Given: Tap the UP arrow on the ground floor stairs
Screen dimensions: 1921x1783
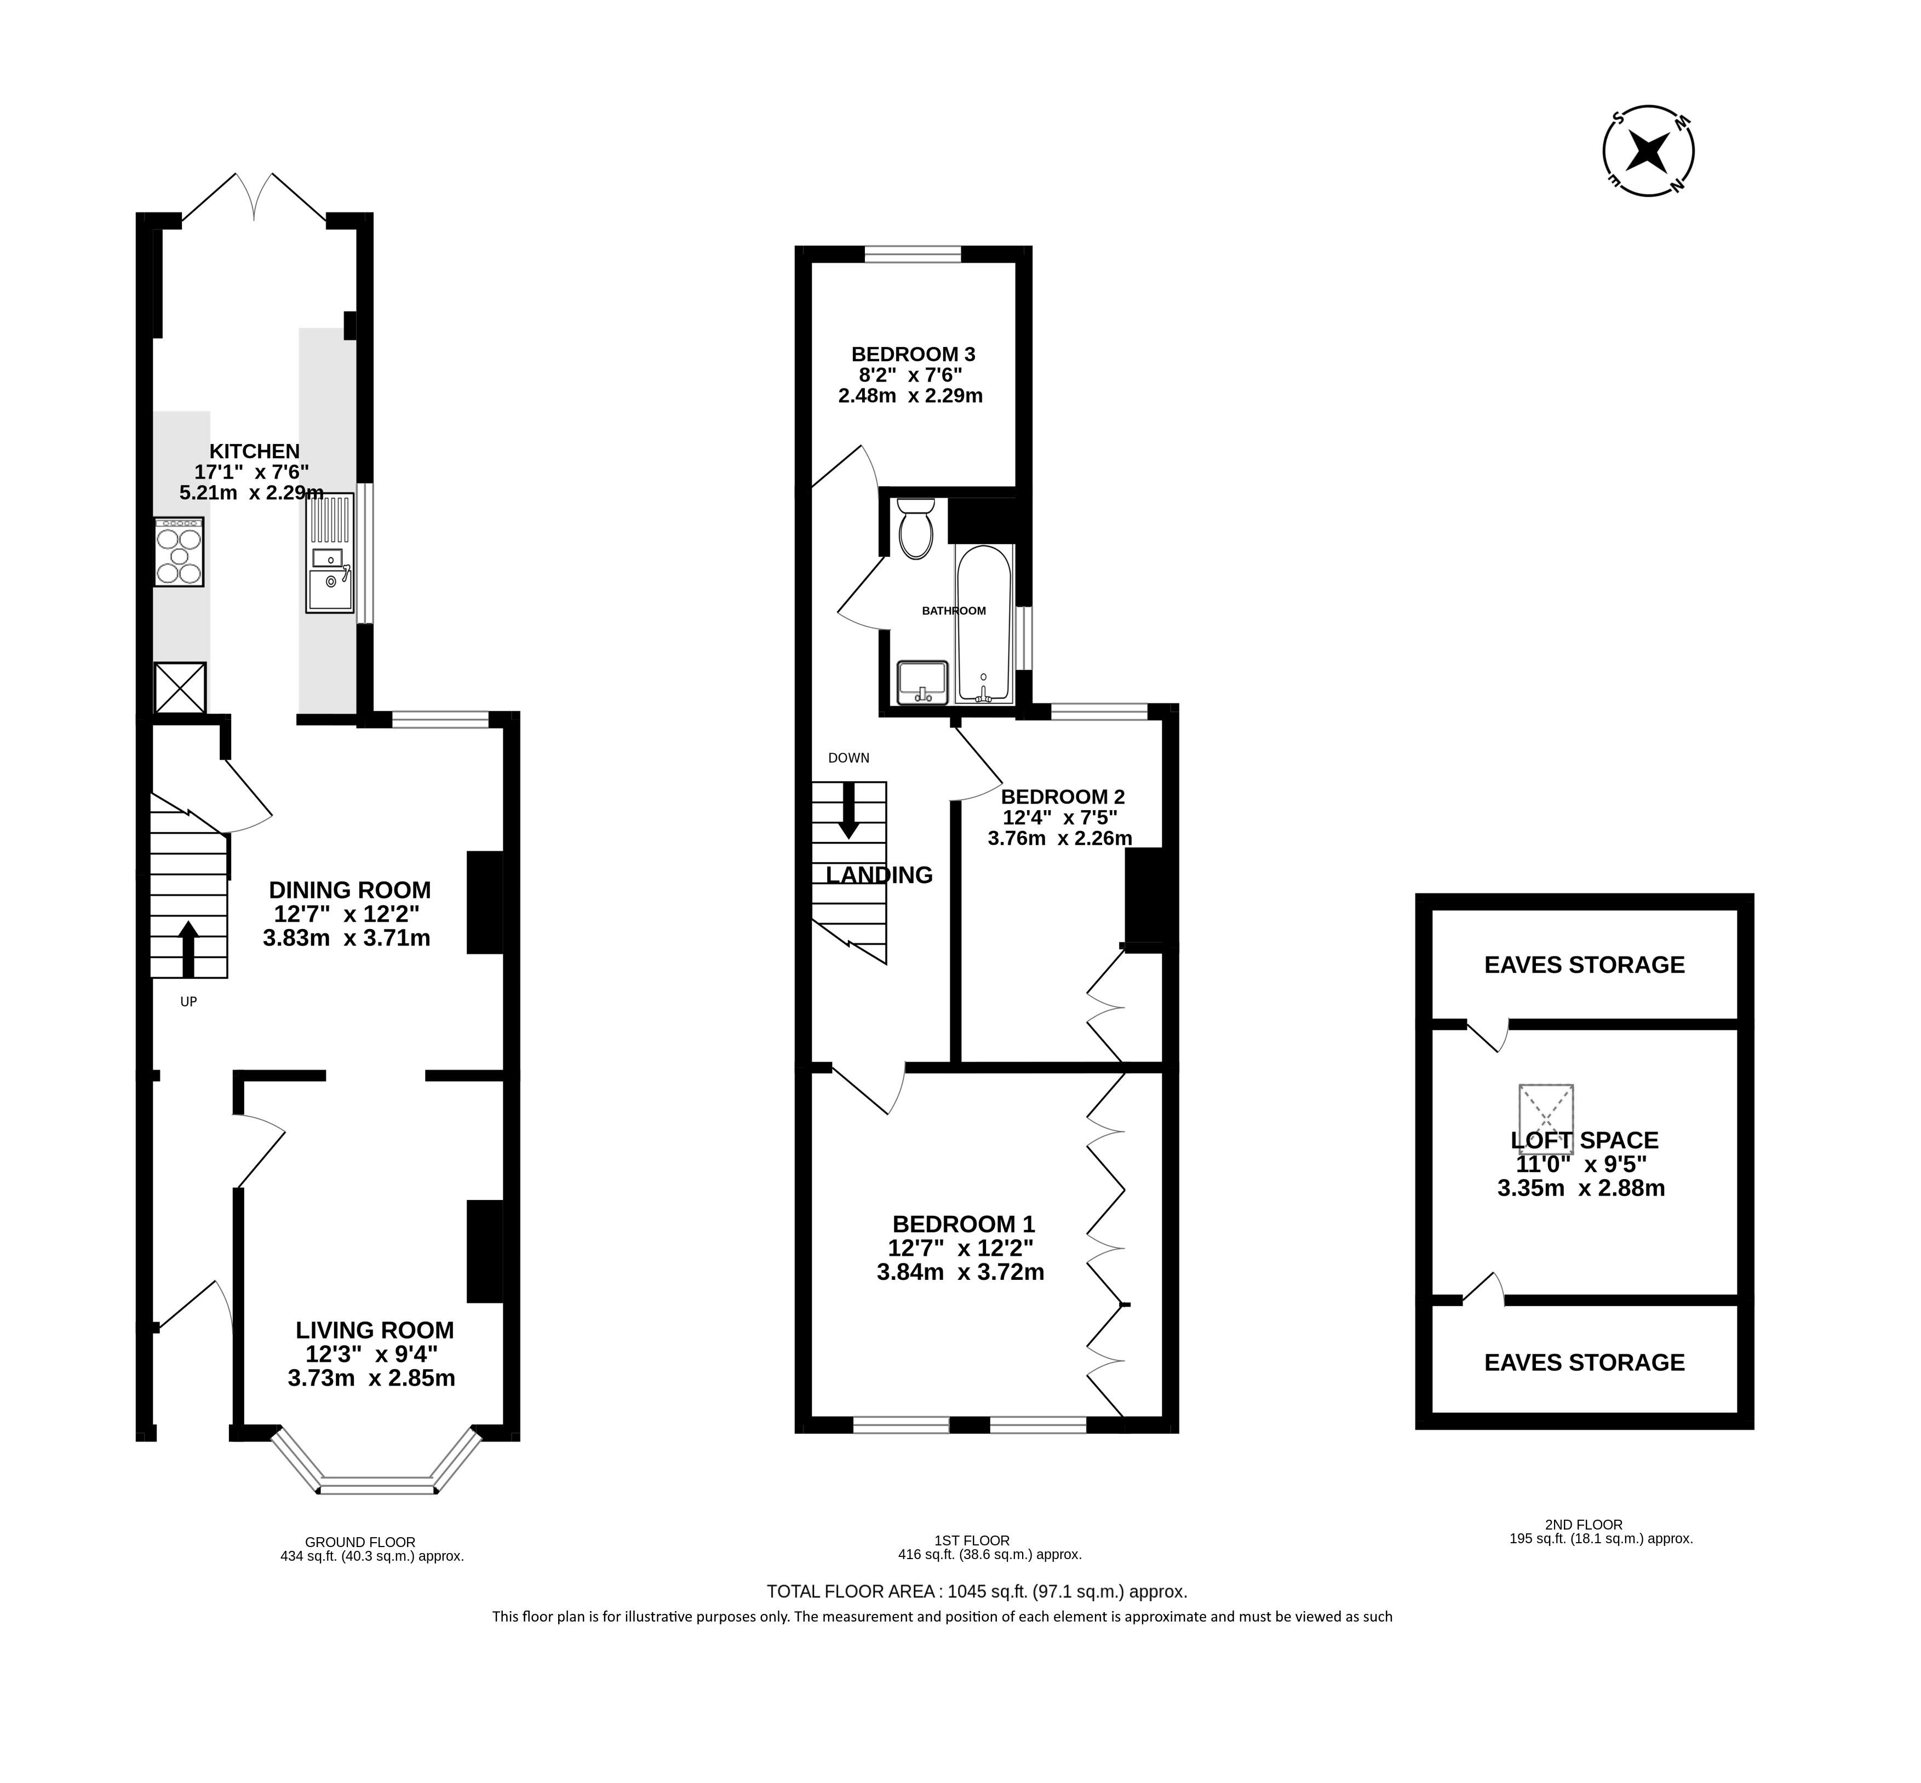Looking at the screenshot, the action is point(188,949).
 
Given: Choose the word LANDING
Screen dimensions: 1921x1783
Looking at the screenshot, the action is point(879,875).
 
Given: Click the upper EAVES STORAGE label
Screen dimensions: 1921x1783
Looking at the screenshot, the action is point(1584,965).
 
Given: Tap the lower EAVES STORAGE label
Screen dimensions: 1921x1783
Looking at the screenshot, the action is point(1584,1363).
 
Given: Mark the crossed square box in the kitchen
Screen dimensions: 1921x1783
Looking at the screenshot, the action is point(181,688).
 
